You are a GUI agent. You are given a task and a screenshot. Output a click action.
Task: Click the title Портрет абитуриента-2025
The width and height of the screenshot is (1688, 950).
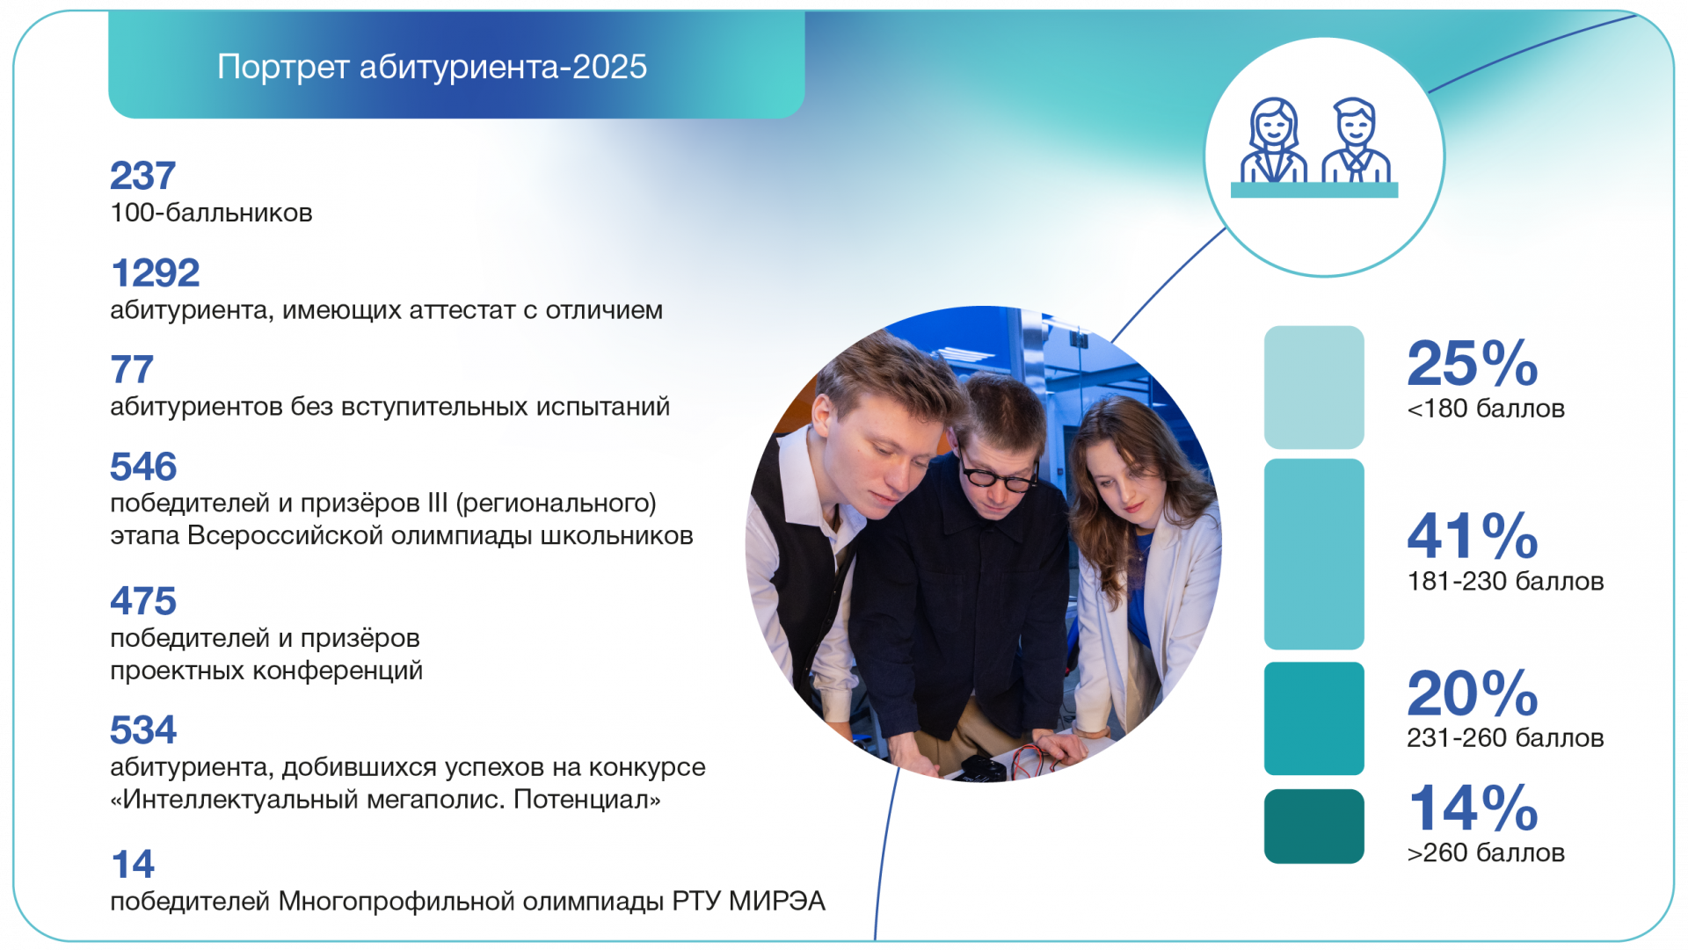432,68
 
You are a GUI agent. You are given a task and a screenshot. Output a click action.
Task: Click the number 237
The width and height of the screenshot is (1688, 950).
142,176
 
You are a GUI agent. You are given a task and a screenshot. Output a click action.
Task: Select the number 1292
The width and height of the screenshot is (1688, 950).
155,273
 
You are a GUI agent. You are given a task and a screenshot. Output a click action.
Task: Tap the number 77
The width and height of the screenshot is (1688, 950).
132,370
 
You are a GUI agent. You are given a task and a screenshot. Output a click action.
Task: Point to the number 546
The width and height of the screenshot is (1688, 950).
143,467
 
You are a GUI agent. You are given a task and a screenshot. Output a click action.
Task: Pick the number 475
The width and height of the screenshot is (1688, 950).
143,601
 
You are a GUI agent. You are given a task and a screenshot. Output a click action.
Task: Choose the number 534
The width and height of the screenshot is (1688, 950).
143,730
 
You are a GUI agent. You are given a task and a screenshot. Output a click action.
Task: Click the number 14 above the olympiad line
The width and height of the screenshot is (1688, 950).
133,865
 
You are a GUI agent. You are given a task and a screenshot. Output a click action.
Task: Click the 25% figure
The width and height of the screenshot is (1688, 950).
1473,363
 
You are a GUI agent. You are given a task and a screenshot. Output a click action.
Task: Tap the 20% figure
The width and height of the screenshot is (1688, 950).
1473,693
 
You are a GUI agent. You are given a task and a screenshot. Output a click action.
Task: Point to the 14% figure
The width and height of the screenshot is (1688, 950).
1473,809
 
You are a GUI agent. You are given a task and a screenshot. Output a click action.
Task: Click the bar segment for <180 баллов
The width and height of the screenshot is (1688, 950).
1314,388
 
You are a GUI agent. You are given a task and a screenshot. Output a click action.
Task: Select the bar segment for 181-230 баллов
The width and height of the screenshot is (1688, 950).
1314,555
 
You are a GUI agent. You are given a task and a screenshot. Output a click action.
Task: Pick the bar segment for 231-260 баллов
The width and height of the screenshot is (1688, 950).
1314,719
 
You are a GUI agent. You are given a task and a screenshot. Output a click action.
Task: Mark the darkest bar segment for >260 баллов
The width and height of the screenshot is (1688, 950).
1314,826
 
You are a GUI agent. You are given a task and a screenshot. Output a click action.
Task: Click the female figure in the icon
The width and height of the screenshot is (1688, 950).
1273,141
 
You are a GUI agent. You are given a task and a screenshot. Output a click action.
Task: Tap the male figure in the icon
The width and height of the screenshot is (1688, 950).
1356,141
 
